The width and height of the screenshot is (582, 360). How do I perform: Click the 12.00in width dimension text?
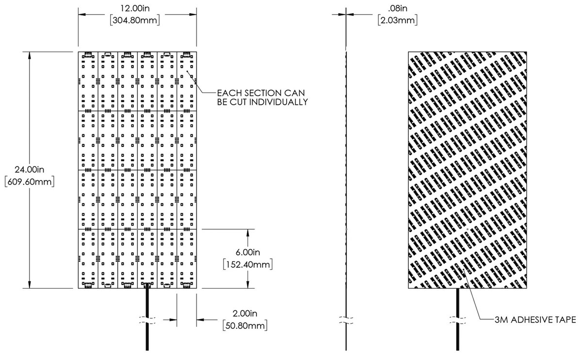click(x=138, y=9)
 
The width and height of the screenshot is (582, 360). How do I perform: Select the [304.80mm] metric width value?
click(x=138, y=20)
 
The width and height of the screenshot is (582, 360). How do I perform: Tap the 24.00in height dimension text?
click(x=30, y=170)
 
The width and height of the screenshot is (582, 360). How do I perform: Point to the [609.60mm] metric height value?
click(x=30, y=182)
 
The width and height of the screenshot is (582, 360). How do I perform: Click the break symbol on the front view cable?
click(x=147, y=320)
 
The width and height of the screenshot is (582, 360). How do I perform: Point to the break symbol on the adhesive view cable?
click(x=458, y=320)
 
